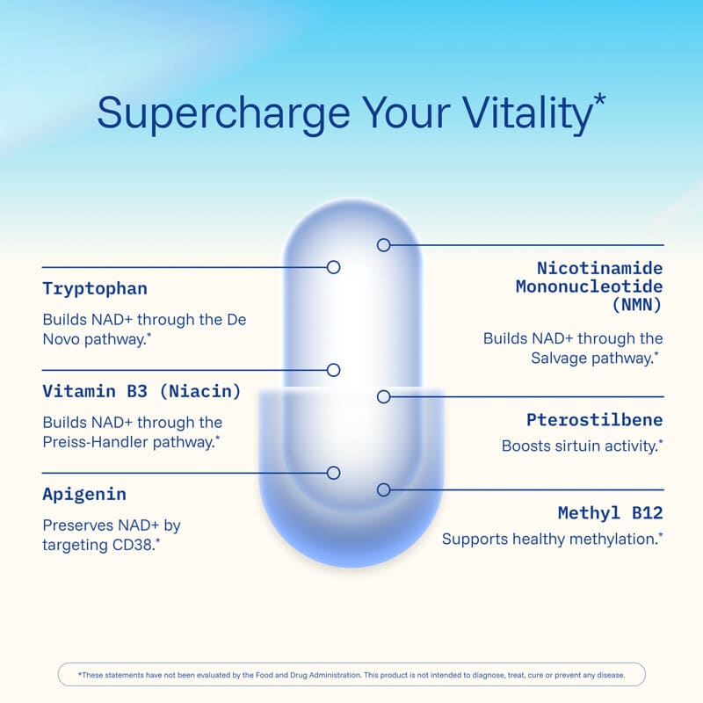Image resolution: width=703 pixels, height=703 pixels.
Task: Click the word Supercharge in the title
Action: tap(223, 114)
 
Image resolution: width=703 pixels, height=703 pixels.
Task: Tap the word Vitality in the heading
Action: tap(528, 114)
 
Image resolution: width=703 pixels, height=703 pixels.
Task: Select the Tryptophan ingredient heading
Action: tap(95, 289)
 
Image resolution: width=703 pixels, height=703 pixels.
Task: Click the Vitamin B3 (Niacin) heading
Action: tap(141, 391)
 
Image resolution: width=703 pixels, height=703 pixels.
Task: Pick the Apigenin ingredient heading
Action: tap(84, 495)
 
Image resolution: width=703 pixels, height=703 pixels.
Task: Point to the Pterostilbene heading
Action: tap(595, 420)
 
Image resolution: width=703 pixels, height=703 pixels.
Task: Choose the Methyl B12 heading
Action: tap(610, 513)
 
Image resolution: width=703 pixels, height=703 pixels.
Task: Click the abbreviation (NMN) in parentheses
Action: tap(637, 305)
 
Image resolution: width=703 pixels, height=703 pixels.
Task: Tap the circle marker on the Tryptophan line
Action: tap(333, 267)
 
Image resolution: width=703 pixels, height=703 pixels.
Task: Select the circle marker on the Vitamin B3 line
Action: tap(333, 370)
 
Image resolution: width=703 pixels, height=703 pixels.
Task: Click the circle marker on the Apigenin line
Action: tap(333, 473)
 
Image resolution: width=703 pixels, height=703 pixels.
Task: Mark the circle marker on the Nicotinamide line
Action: tap(383, 245)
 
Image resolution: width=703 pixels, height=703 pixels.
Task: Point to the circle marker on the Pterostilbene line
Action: tap(383, 396)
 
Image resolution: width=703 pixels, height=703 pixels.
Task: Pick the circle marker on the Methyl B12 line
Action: tap(383, 489)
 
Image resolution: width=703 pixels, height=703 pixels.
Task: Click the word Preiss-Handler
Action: tap(95, 443)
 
